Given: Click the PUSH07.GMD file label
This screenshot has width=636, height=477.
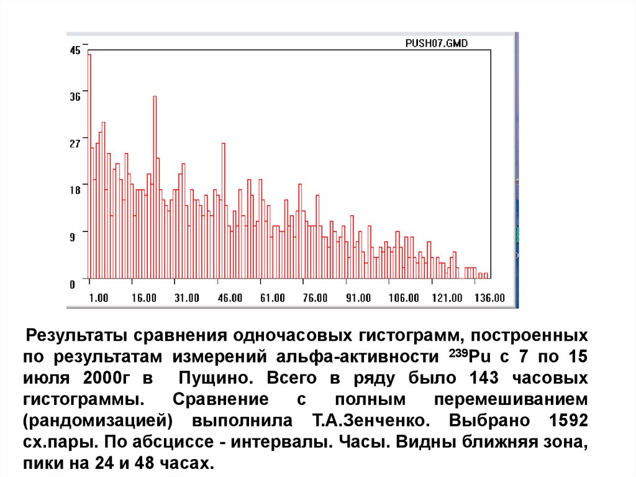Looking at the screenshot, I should click(436, 44).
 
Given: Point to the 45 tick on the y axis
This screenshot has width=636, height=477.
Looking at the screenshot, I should click(75, 51).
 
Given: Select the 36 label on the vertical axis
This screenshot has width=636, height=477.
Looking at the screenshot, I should click(75, 97).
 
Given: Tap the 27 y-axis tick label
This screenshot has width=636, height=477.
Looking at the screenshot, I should click(75, 144).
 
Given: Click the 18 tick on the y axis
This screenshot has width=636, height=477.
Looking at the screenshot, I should click(75, 190).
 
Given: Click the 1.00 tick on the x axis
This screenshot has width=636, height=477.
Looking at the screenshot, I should click(99, 298).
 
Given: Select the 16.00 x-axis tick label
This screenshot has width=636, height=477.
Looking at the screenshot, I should click(144, 298).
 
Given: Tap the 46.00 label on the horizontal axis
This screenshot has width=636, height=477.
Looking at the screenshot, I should click(230, 298).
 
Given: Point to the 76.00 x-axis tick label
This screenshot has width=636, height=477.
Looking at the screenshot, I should click(316, 298).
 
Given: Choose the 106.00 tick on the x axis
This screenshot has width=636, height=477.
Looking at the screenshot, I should click(404, 298).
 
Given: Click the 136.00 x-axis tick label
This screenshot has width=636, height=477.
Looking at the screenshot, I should click(491, 298).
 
